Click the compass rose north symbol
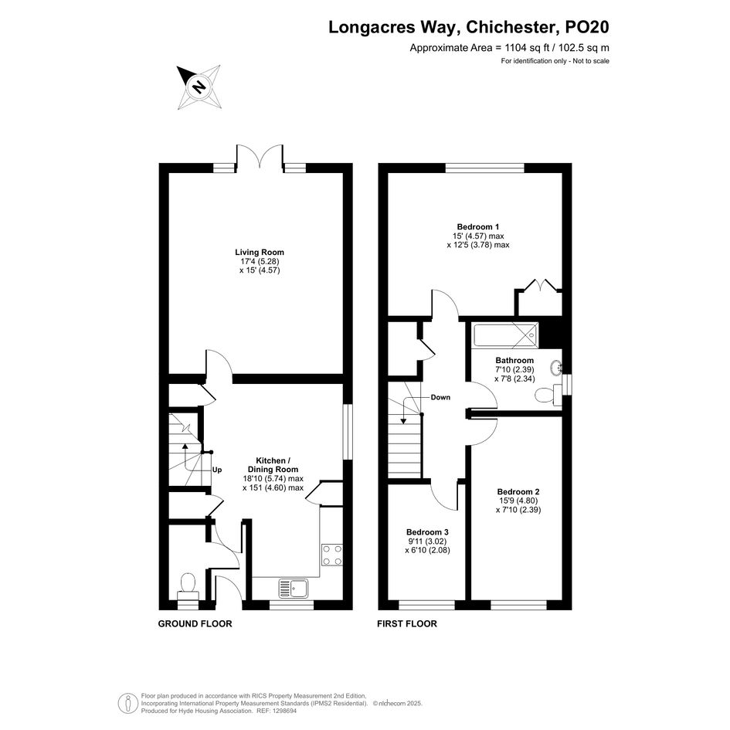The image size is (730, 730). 199,87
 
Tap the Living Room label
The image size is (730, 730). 260,253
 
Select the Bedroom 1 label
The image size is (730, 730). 477,227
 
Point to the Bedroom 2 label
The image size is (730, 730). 518,491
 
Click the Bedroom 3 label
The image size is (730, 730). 427,532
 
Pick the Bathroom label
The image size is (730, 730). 514,360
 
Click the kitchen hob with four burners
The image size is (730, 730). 332,555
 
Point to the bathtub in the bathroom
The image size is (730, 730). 505,334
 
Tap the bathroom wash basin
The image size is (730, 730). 556,368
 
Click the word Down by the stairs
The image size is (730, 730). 440,397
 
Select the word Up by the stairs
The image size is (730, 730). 217,470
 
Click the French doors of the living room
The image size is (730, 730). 260,155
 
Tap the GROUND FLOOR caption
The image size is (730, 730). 195,624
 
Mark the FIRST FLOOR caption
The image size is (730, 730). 407,624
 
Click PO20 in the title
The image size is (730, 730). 586,27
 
